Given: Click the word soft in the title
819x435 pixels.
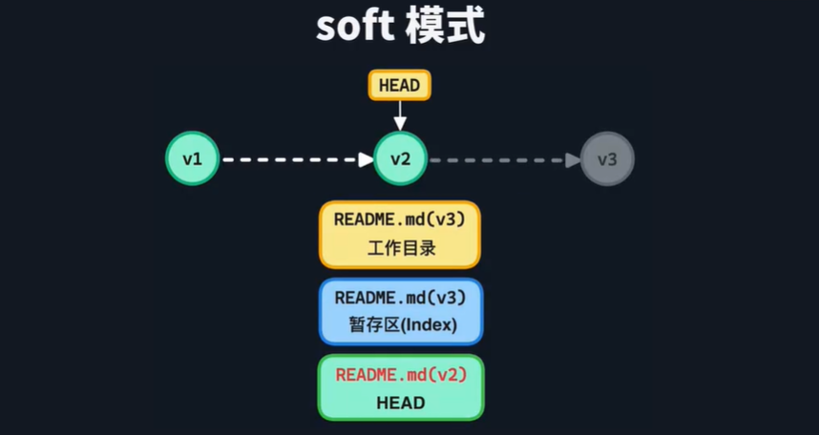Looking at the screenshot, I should [354, 26].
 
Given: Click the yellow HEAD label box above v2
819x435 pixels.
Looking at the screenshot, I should [399, 86].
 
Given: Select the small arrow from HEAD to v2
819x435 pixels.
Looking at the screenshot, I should [400, 116].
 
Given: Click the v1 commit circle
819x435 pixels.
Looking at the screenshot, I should [193, 158].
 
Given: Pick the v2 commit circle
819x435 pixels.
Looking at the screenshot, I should [400, 158].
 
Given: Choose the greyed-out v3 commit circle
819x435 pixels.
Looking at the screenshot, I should [607, 158].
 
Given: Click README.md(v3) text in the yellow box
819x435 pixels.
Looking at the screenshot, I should [399, 219].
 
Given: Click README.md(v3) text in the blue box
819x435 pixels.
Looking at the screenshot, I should [400, 297].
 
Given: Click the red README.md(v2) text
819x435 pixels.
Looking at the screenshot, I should [400, 374].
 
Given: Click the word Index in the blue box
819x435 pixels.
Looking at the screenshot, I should [429, 325].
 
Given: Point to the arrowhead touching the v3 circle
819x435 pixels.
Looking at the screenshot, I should [573, 158].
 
